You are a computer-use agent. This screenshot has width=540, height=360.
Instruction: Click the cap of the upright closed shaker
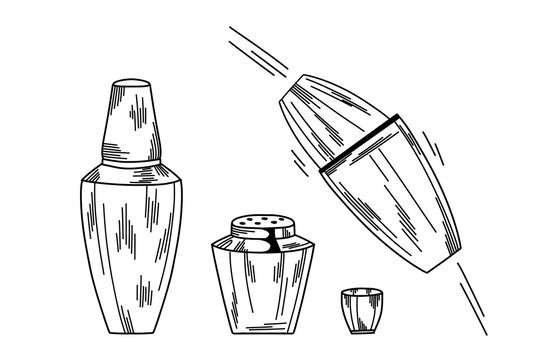(135, 120)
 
